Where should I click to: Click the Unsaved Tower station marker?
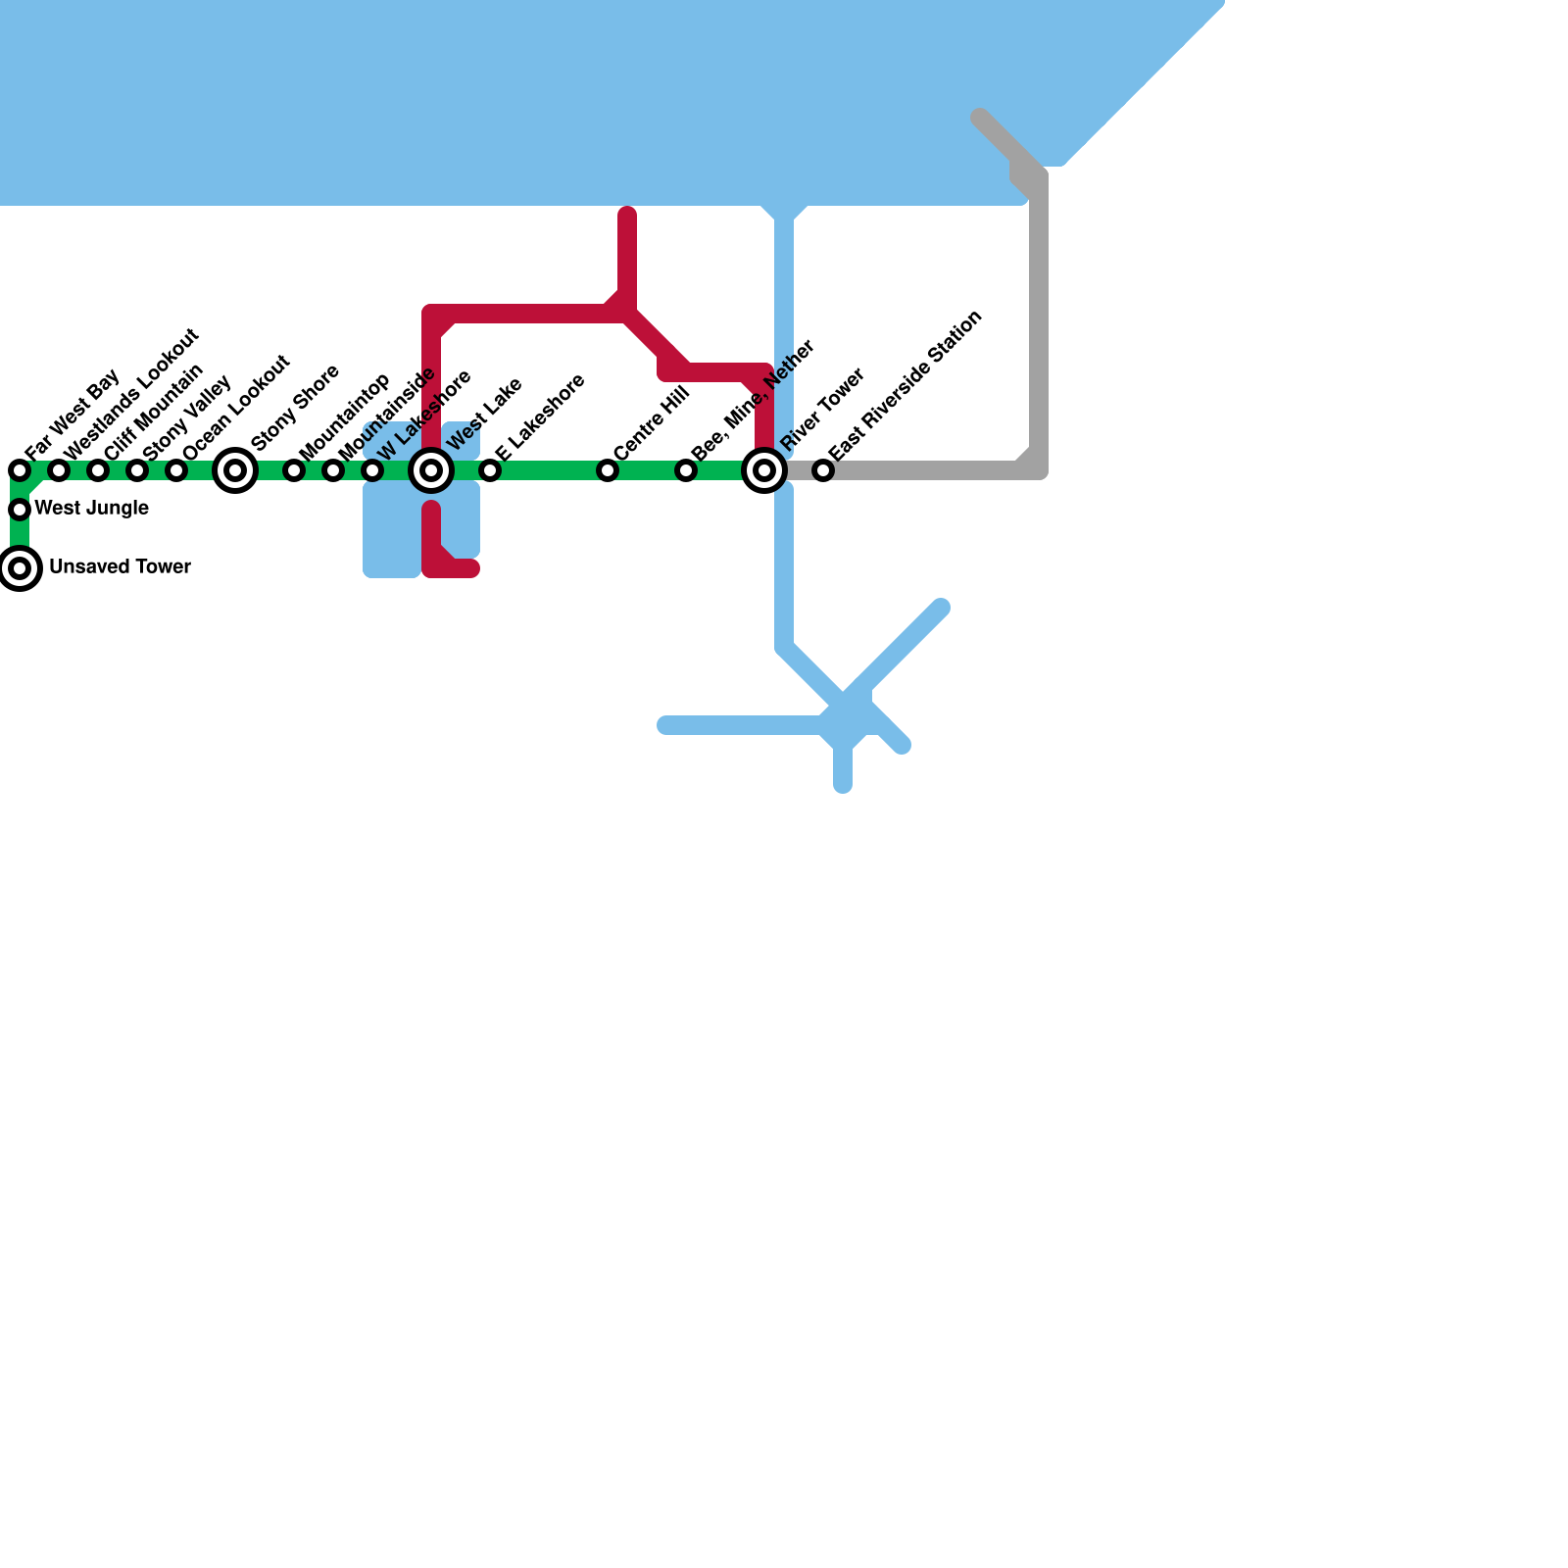[x=20, y=568]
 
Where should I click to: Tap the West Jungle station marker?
[x=20, y=510]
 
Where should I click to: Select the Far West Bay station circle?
[x=20, y=470]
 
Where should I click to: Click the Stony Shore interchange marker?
[x=235, y=470]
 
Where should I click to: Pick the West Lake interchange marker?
[x=431, y=470]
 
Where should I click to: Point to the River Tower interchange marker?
[x=764, y=470]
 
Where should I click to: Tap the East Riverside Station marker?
[x=823, y=470]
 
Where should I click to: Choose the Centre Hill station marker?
[x=608, y=470]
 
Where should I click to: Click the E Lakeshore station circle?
[x=490, y=470]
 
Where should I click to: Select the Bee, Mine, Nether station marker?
[x=686, y=470]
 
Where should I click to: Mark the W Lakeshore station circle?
[x=372, y=470]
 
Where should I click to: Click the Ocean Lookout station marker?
[x=176, y=470]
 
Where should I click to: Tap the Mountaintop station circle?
[x=294, y=470]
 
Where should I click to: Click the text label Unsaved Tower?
[x=120, y=567]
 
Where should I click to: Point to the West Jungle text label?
[x=91, y=509]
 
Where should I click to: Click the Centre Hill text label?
[x=652, y=424]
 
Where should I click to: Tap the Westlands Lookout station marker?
[x=59, y=470]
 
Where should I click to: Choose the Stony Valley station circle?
[x=137, y=470]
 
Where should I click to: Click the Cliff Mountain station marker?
[x=98, y=470]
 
